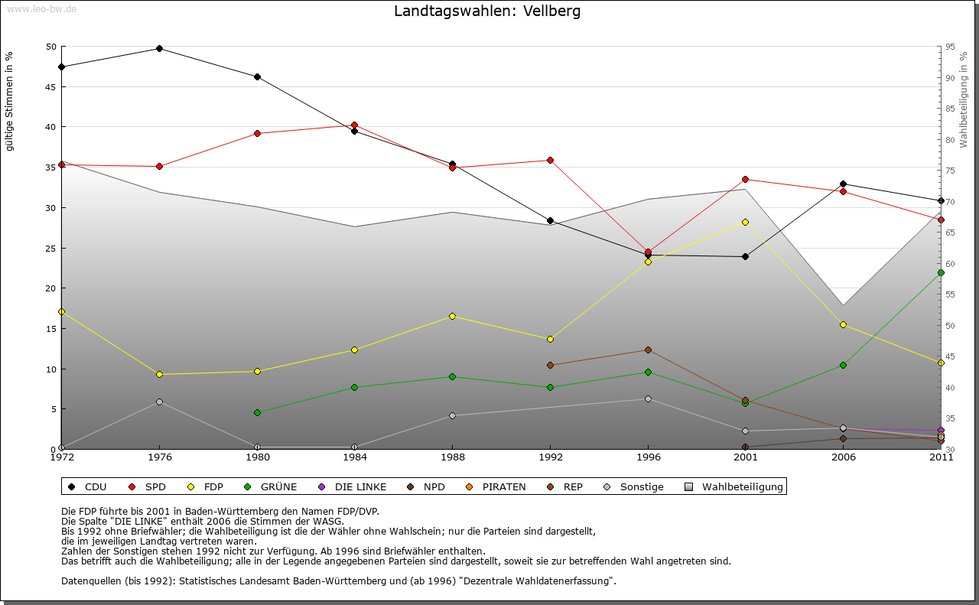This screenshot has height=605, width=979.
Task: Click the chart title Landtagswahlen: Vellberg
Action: pyautogui.click(x=487, y=11)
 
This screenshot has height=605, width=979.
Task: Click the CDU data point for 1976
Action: pyautogui.click(x=159, y=48)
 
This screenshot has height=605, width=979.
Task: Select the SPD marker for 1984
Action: pyautogui.click(x=354, y=125)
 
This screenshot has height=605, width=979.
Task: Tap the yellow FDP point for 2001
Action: pyautogui.click(x=745, y=222)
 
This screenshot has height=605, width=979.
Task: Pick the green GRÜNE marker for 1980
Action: pyautogui.click(x=257, y=412)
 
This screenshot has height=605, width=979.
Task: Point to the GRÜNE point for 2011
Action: pyautogui.click(x=941, y=272)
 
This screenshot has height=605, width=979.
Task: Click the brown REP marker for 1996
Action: pyautogui.click(x=648, y=350)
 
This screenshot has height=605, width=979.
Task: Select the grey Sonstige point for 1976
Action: pyautogui.click(x=159, y=402)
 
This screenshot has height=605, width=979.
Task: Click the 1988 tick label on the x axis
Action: pyautogui.click(x=452, y=457)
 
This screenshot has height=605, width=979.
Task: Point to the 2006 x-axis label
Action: pyautogui.click(x=843, y=457)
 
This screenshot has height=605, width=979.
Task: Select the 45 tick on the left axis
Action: pyautogui.click(x=51, y=86)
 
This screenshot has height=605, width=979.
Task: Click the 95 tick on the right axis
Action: pyautogui.click(x=950, y=47)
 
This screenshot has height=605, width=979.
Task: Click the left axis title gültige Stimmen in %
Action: pyautogui.click(x=9, y=101)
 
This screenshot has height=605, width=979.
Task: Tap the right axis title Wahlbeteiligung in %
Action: pyautogui.click(x=964, y=99)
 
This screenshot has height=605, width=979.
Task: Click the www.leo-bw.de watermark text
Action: pyautogui.click(x=41, y=9)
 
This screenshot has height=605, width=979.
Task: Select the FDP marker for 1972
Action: pyautogui.click(x=61, y=311)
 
